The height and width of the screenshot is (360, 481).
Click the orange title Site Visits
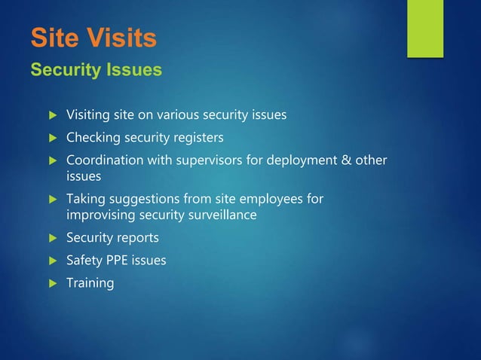[93, 37]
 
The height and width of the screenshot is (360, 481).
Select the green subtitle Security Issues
[96, 70]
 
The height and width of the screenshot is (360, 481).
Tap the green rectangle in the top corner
[425, 28]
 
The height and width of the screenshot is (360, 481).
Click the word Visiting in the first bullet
[89, 115]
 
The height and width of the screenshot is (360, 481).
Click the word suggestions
[140, 199]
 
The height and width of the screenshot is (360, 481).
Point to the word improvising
[100, 215]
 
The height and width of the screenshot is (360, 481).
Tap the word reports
[135, 238]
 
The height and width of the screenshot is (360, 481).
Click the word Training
[90, 283]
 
